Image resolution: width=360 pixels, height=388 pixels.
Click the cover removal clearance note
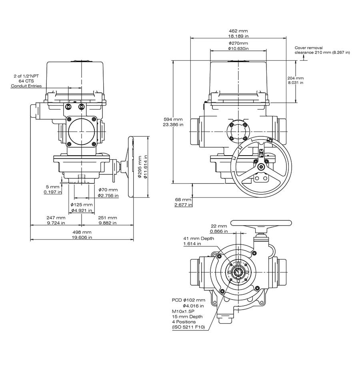(x=322, y=50)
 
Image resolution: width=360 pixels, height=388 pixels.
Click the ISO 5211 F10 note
(x=188, y=327)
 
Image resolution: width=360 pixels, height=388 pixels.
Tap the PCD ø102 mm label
(x=188, y=300)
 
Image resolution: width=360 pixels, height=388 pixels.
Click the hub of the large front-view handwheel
(x=261, y=166)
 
